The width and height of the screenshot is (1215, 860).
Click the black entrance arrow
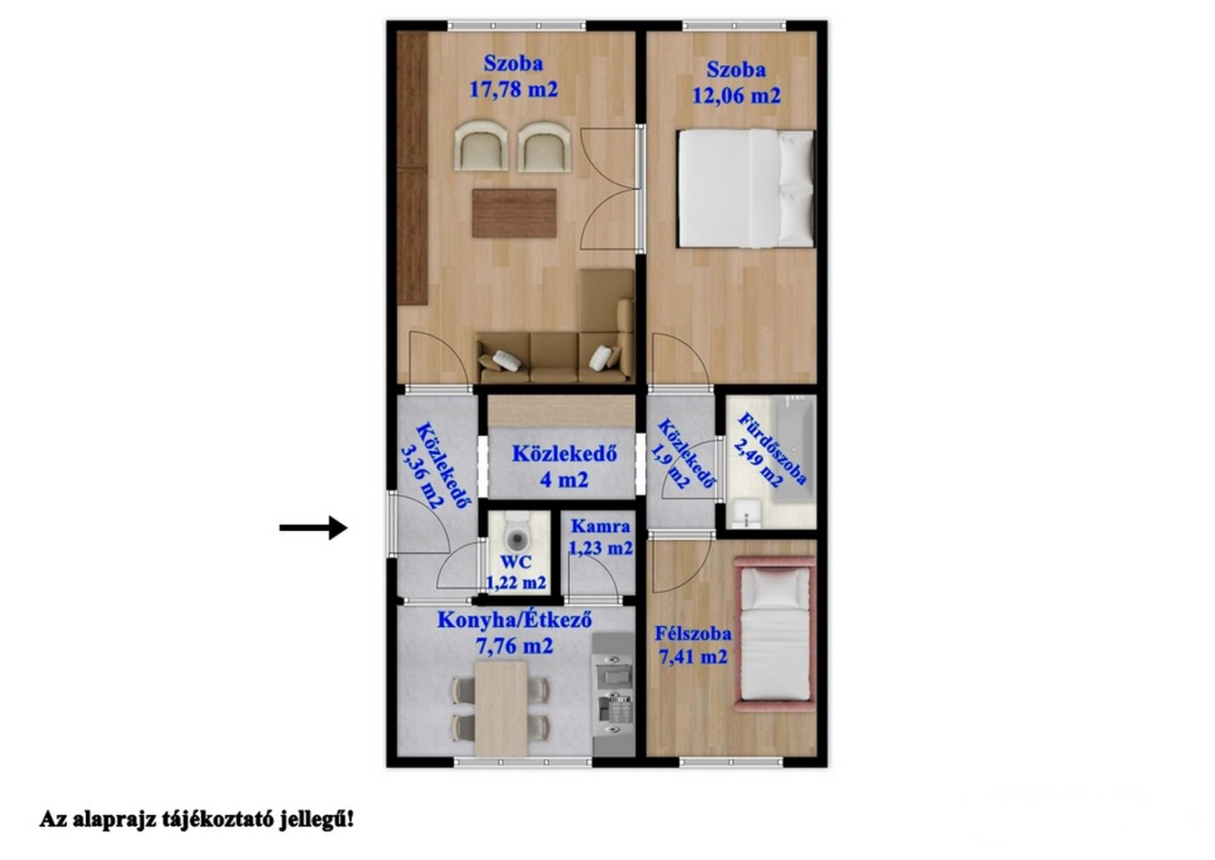(x=313, y=527)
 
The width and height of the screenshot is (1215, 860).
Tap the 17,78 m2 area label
(x=513, y=89)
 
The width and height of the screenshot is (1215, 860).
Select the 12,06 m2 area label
(x=736, y=95)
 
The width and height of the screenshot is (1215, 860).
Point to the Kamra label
(x=600, y=526)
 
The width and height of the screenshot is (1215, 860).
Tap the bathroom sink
(x=746, y=513)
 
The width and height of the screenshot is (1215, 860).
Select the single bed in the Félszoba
(x=776, y=634)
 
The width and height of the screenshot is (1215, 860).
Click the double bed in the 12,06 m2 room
(x=746, y=189)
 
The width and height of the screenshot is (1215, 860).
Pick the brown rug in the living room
(x=514, y=213)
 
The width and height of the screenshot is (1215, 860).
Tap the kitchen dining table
(x=501, y=709)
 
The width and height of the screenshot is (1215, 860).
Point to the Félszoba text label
(x=693, y=633)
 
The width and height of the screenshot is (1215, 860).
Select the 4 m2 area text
(x=564, y=480)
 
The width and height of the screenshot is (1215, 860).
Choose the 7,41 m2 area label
(x=693, y=656)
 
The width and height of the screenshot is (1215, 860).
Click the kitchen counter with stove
(x=613, y=693)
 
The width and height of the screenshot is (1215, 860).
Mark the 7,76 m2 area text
(x=514, y=646)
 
